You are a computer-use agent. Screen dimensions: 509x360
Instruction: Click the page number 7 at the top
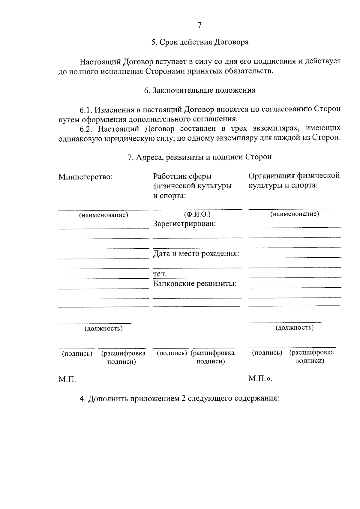click(199, 25)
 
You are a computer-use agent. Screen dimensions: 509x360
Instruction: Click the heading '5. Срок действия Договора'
click(199, 42)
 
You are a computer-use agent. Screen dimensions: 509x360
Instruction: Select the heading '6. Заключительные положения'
click(199, 90)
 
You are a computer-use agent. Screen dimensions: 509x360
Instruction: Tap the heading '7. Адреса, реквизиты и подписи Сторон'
click(199, 157)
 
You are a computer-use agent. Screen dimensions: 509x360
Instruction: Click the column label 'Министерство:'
click(85, 177)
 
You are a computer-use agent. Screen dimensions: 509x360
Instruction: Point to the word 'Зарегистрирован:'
click(184, 224)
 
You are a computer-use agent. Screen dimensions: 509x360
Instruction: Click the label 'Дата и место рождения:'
click(196, 254)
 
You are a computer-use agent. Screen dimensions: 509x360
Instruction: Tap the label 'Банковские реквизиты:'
click(195, 283)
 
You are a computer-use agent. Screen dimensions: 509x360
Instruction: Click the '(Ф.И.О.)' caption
click(197, 214)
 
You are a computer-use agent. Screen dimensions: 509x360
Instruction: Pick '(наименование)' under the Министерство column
click(103, 215)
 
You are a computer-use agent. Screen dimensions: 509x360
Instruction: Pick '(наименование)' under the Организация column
click(295, 214)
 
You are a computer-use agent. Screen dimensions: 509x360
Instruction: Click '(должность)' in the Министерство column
click(103, 328)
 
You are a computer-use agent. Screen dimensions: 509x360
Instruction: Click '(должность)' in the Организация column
click(295, 327)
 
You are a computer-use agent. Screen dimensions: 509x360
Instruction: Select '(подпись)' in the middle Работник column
click(172, 353)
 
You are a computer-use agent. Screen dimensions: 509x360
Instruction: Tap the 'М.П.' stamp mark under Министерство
click(67, 380)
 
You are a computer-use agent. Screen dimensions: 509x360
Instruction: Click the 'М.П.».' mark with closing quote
click(260, 379)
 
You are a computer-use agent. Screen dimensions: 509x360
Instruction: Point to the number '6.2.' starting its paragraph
click(87, 129)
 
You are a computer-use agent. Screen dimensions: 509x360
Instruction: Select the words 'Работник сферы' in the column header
click(182, 176)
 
